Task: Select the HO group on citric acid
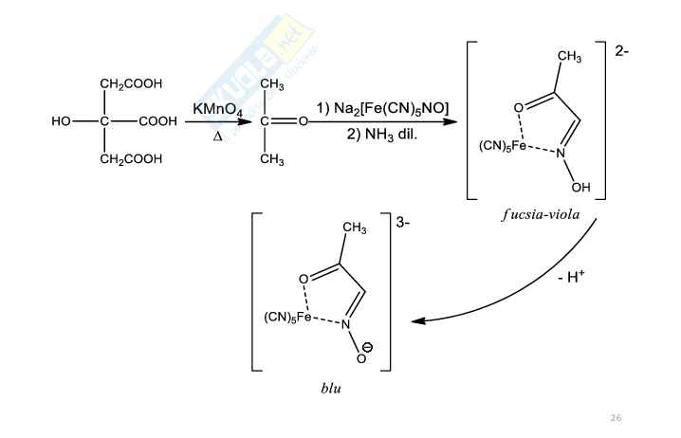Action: point(63,121)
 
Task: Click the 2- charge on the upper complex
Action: point(620,51)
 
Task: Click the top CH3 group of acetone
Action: point(271,86)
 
